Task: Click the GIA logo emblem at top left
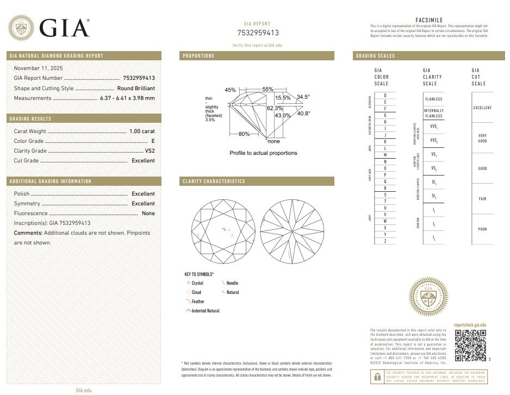tap(21, 28)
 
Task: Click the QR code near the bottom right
tap(470, 344)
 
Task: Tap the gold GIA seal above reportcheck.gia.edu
tap(428, 297)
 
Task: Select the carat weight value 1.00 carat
tap(142, 131)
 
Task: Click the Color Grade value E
tap(153, 141)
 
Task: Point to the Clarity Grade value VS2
tap(150, 151)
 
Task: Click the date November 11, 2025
tap(38, 68)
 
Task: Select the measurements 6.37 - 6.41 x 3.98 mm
tap(127, 98)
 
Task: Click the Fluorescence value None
tap(148, 214)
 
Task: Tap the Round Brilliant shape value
tap(136, 88)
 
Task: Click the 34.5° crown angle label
tap(303, 97)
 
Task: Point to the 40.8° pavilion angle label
tap(303, 114)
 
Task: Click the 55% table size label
tap(268, 89)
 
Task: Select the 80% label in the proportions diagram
tap(244, 134)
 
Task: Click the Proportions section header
tap(199, 56)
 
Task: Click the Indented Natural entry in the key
tap(205, 311)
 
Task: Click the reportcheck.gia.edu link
tap(470, 324)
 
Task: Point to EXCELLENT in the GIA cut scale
tap(482, 108)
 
